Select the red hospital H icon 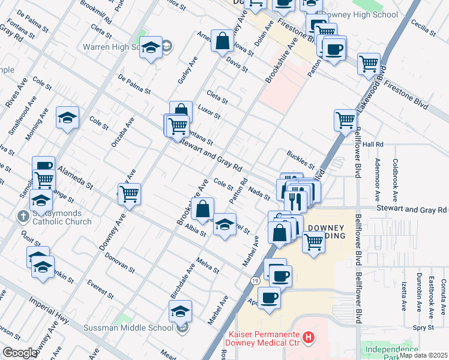[309, 338]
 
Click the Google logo [19, 353]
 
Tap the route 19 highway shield [256, 280]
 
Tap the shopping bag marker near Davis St [223, 41]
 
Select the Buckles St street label [300, 160]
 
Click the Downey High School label [358, 14]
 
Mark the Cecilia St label [423, 28]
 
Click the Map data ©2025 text [423, 355]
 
